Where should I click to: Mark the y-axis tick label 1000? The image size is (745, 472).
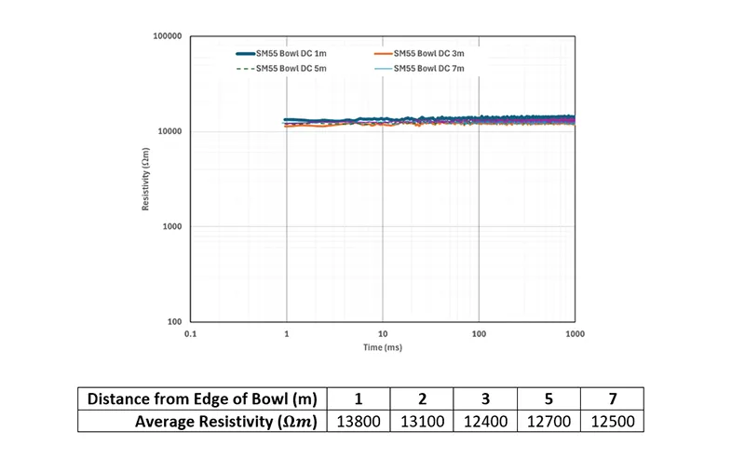point(171,227)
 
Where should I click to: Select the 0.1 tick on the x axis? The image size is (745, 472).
point(191,332)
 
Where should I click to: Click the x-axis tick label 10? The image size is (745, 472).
point(383,332)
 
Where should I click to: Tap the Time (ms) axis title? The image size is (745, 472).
point(383,346)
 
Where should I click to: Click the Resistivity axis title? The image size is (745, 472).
point(146,179)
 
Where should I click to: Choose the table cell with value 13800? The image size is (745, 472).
point(359,422)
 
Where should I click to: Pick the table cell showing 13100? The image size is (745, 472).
point(422,422)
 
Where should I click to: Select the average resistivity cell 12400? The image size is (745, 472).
point(484,422)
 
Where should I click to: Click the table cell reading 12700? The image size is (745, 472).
point(548,422)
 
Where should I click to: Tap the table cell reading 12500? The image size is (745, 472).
point(611,422)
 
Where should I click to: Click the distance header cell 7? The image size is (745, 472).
point(611,399)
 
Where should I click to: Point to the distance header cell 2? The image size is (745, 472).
point(422,399)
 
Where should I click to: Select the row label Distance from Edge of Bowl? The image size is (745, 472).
point(202,399)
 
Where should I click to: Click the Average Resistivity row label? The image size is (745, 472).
point(226,422)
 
